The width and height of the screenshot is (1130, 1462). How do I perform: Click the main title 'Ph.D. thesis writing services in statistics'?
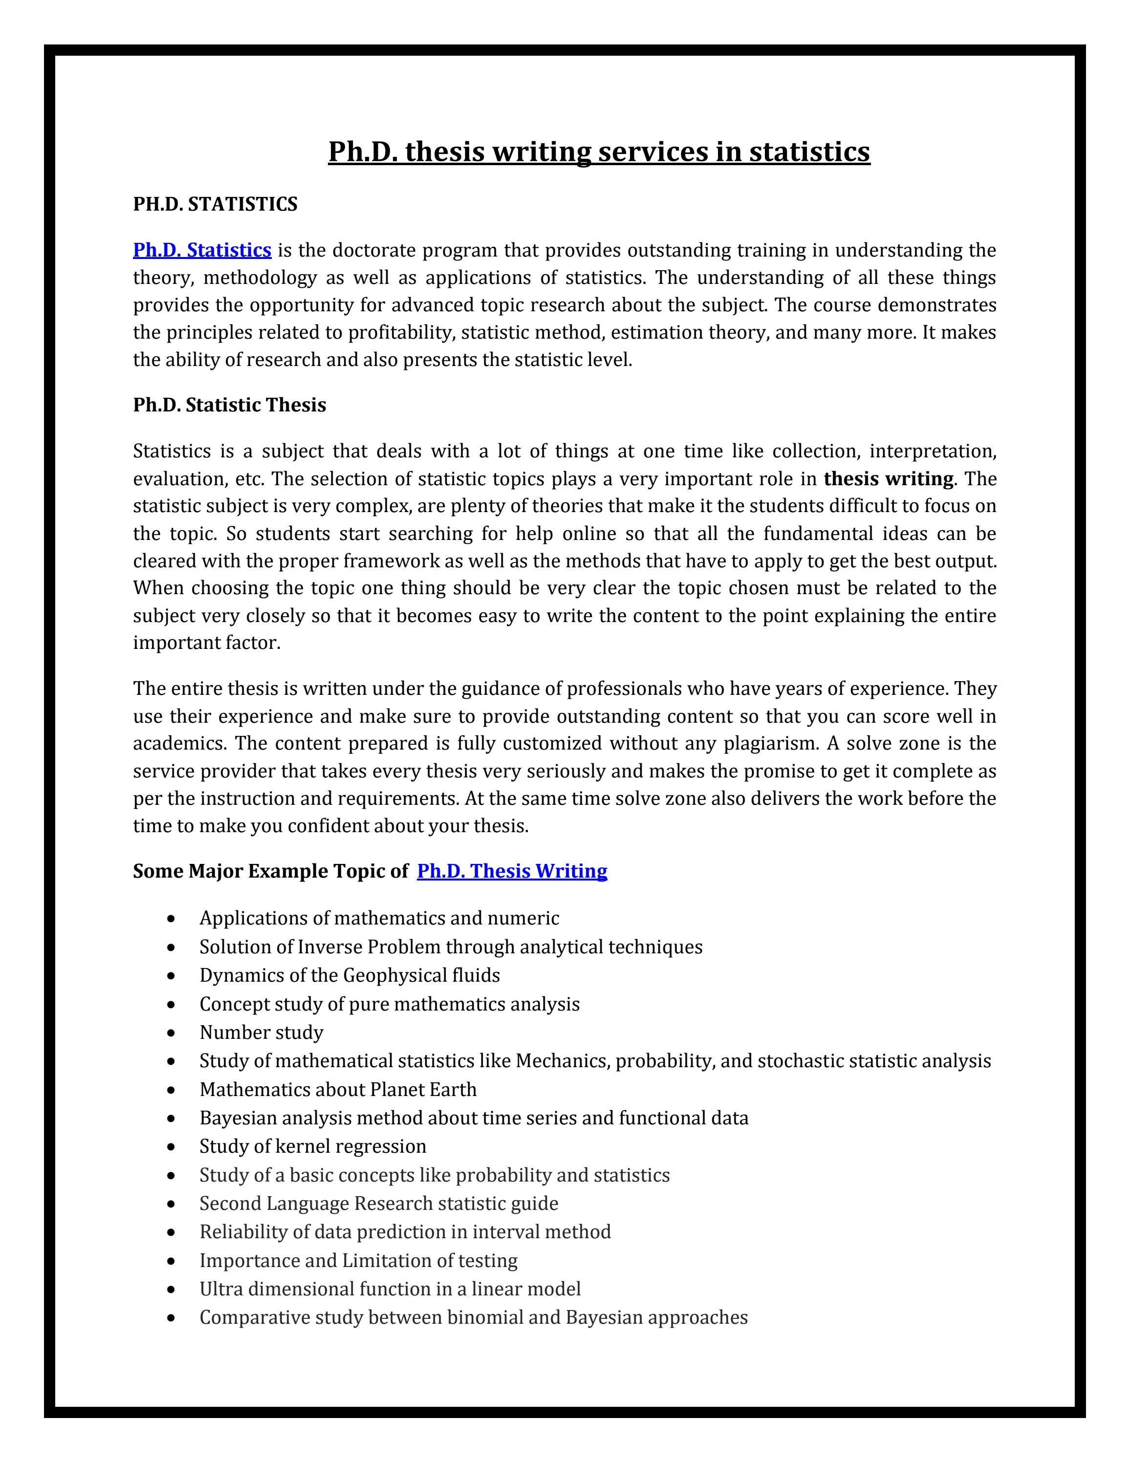[x=598, y=151]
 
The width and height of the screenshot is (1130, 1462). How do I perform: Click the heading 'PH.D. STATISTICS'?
[x=215, y=204]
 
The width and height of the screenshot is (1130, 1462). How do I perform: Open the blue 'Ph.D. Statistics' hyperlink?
[x=202, y=250]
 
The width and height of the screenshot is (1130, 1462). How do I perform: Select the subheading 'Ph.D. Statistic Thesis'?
[x=230, y=405]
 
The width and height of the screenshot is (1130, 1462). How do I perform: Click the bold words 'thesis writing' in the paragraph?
[x=889, y=479]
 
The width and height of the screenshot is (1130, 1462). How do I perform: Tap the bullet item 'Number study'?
[x=261, y=1032]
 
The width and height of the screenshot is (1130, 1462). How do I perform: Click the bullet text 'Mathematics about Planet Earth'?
[x=338, y=1089]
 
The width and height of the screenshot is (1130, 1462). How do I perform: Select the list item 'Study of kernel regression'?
[x=313, y=1146]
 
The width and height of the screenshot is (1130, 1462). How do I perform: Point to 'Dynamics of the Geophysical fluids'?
[x=349, y=975]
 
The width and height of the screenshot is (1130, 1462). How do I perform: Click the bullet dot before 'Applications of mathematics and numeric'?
[x=173, y=919]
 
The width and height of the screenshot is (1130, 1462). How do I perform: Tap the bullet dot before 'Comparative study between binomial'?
[x=173, y=1318]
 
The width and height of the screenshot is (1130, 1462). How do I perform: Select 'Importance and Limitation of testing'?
[x=358, y=1261]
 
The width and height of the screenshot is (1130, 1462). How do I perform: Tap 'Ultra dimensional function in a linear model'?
[x=390, y=1289]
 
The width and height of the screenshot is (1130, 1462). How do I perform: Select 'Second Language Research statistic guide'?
[x=378, y=1203]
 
